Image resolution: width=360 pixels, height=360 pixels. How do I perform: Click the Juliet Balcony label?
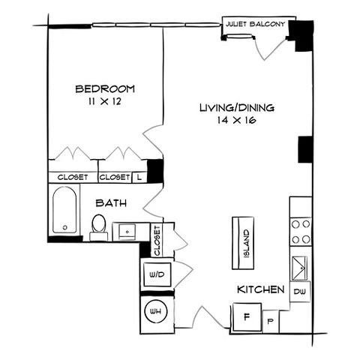pyautogui.click(x=255, y=24)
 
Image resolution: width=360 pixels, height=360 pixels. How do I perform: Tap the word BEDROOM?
pyautogui.click(x=105, y=89)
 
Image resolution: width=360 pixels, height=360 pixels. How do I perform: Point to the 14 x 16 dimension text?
pyautogui.click(x=236, y=120)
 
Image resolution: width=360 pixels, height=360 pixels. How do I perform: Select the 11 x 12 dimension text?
pyautogui.click(x=105, y=101)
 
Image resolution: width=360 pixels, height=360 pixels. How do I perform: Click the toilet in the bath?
pyautogui.click(x=99, y=227)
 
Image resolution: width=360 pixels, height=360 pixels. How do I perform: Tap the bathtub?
pyautogui.click(x=64, y=210)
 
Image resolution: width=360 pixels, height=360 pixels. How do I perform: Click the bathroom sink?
pyautogui.click(x=127, y=232)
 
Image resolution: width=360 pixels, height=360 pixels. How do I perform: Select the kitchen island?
pyautogui.click(x=243, y=243)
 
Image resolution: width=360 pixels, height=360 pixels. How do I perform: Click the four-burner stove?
pyautogui.click(x=301, y=232)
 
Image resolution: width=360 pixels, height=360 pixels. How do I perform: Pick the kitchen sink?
pyautogui.click(x=299, y=268)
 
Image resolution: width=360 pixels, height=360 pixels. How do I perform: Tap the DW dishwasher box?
pyautogui.click(x=300, y=292)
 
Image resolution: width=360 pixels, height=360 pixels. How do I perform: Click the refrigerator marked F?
pyautogui.click(x=247, y=317)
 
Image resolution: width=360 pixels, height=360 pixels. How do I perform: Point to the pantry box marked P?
pyautogui.click(x=271, y=322)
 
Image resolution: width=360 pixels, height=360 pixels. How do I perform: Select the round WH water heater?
pyautogui.click(x=155, y=311)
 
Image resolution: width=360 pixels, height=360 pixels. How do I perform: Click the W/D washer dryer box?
pyautogui.click(x=157, y=274)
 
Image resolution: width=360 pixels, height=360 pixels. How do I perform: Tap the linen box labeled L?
pyautogui.click(x=139, y=177)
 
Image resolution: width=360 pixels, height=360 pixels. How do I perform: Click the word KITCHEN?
pyautogui.click(x=261, y=289)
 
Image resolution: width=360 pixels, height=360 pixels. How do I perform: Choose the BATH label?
pyautogui.click(x=111, y=203)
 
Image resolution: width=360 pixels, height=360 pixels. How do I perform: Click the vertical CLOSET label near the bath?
pyautogui.click(x=157, y=241)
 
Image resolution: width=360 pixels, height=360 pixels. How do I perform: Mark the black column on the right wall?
pyautogui.click(x=305, y=149)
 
